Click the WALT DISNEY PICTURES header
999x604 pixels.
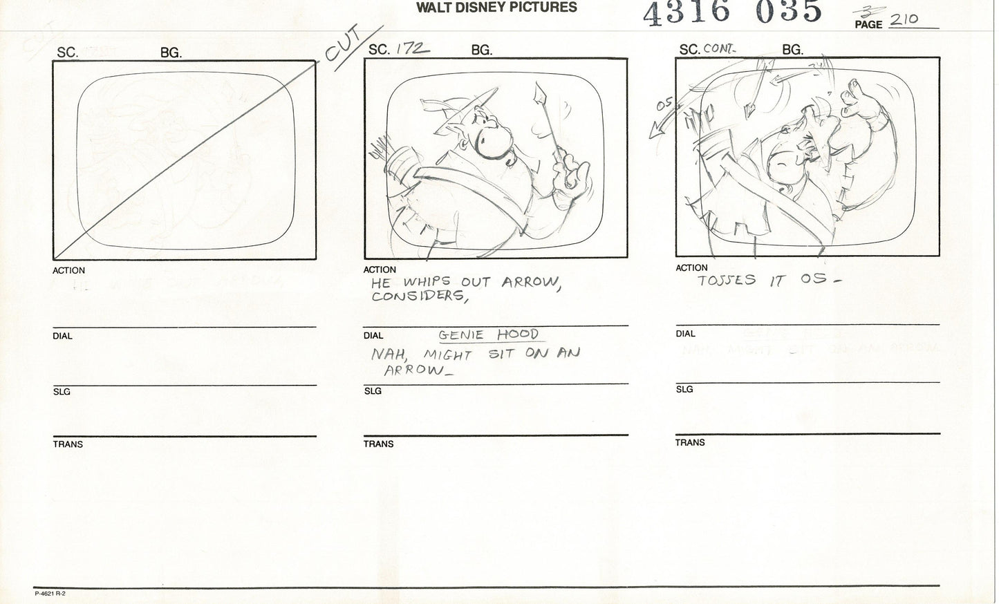point(496,8)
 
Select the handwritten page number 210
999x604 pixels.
point(904,20)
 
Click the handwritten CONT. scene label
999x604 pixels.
point(720,49)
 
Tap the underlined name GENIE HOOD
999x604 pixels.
point(488,335)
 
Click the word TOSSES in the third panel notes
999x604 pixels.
point(726,281)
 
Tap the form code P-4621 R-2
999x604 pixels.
point(49,593)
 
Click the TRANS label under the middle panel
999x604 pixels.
point(378,444)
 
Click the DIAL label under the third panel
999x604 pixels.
point(685,334)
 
